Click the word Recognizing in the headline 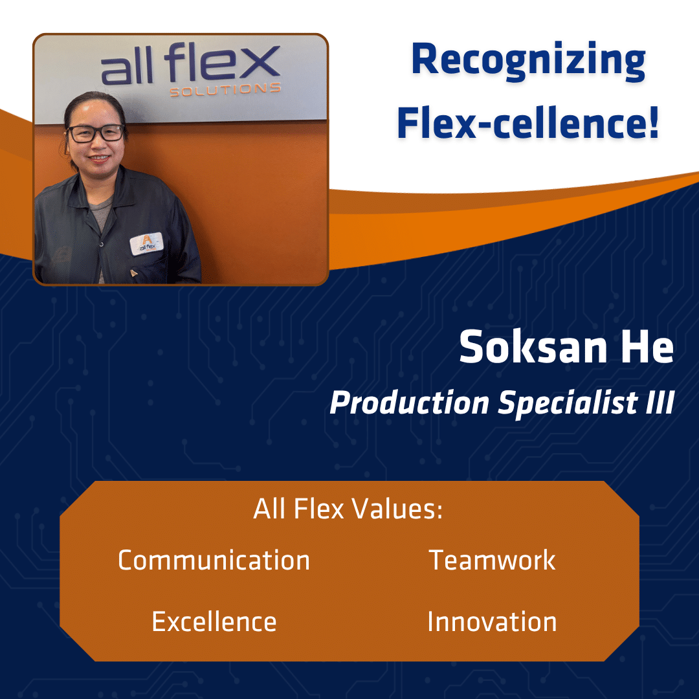click(528, 61)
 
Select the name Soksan click(533, 347)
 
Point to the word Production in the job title click(409, 403)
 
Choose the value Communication click(214, 560)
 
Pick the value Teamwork click(492, 560)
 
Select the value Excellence click(214, 621)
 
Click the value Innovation click(492, 621)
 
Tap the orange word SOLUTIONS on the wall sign click(225, 89)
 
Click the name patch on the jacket click(146, 244)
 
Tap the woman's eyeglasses click(96, 133)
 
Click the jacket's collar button click(102, 244)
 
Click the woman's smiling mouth click(98, 159)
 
